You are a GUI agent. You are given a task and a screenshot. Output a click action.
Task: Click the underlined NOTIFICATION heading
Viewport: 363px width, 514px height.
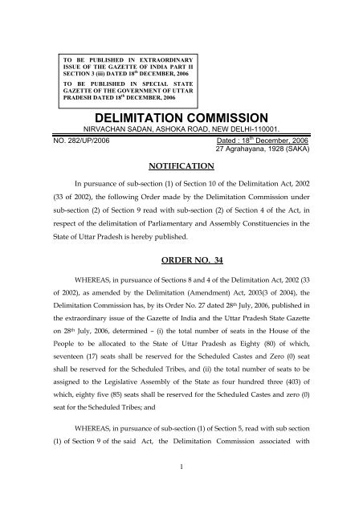tap(181, 165)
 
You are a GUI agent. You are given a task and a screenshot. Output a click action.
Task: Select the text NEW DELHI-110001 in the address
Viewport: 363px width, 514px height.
tap(224, 129)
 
